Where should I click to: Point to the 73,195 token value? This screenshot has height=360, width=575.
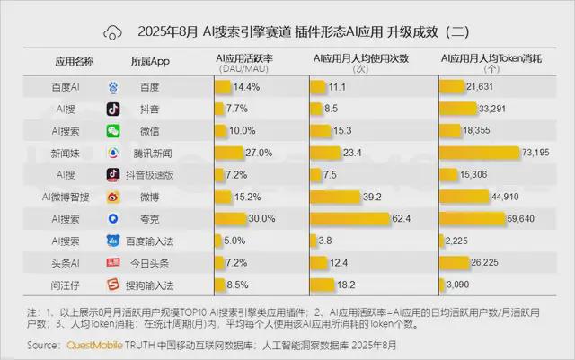click(542, 153)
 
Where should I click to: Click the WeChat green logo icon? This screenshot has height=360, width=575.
click(114, 130)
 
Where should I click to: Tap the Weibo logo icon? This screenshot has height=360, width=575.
click(114, 196)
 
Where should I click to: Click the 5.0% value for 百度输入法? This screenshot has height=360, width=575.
click(234, 241)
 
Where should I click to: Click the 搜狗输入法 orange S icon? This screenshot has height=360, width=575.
click(114, 285)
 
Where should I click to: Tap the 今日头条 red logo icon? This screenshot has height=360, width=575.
click(114, 262)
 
